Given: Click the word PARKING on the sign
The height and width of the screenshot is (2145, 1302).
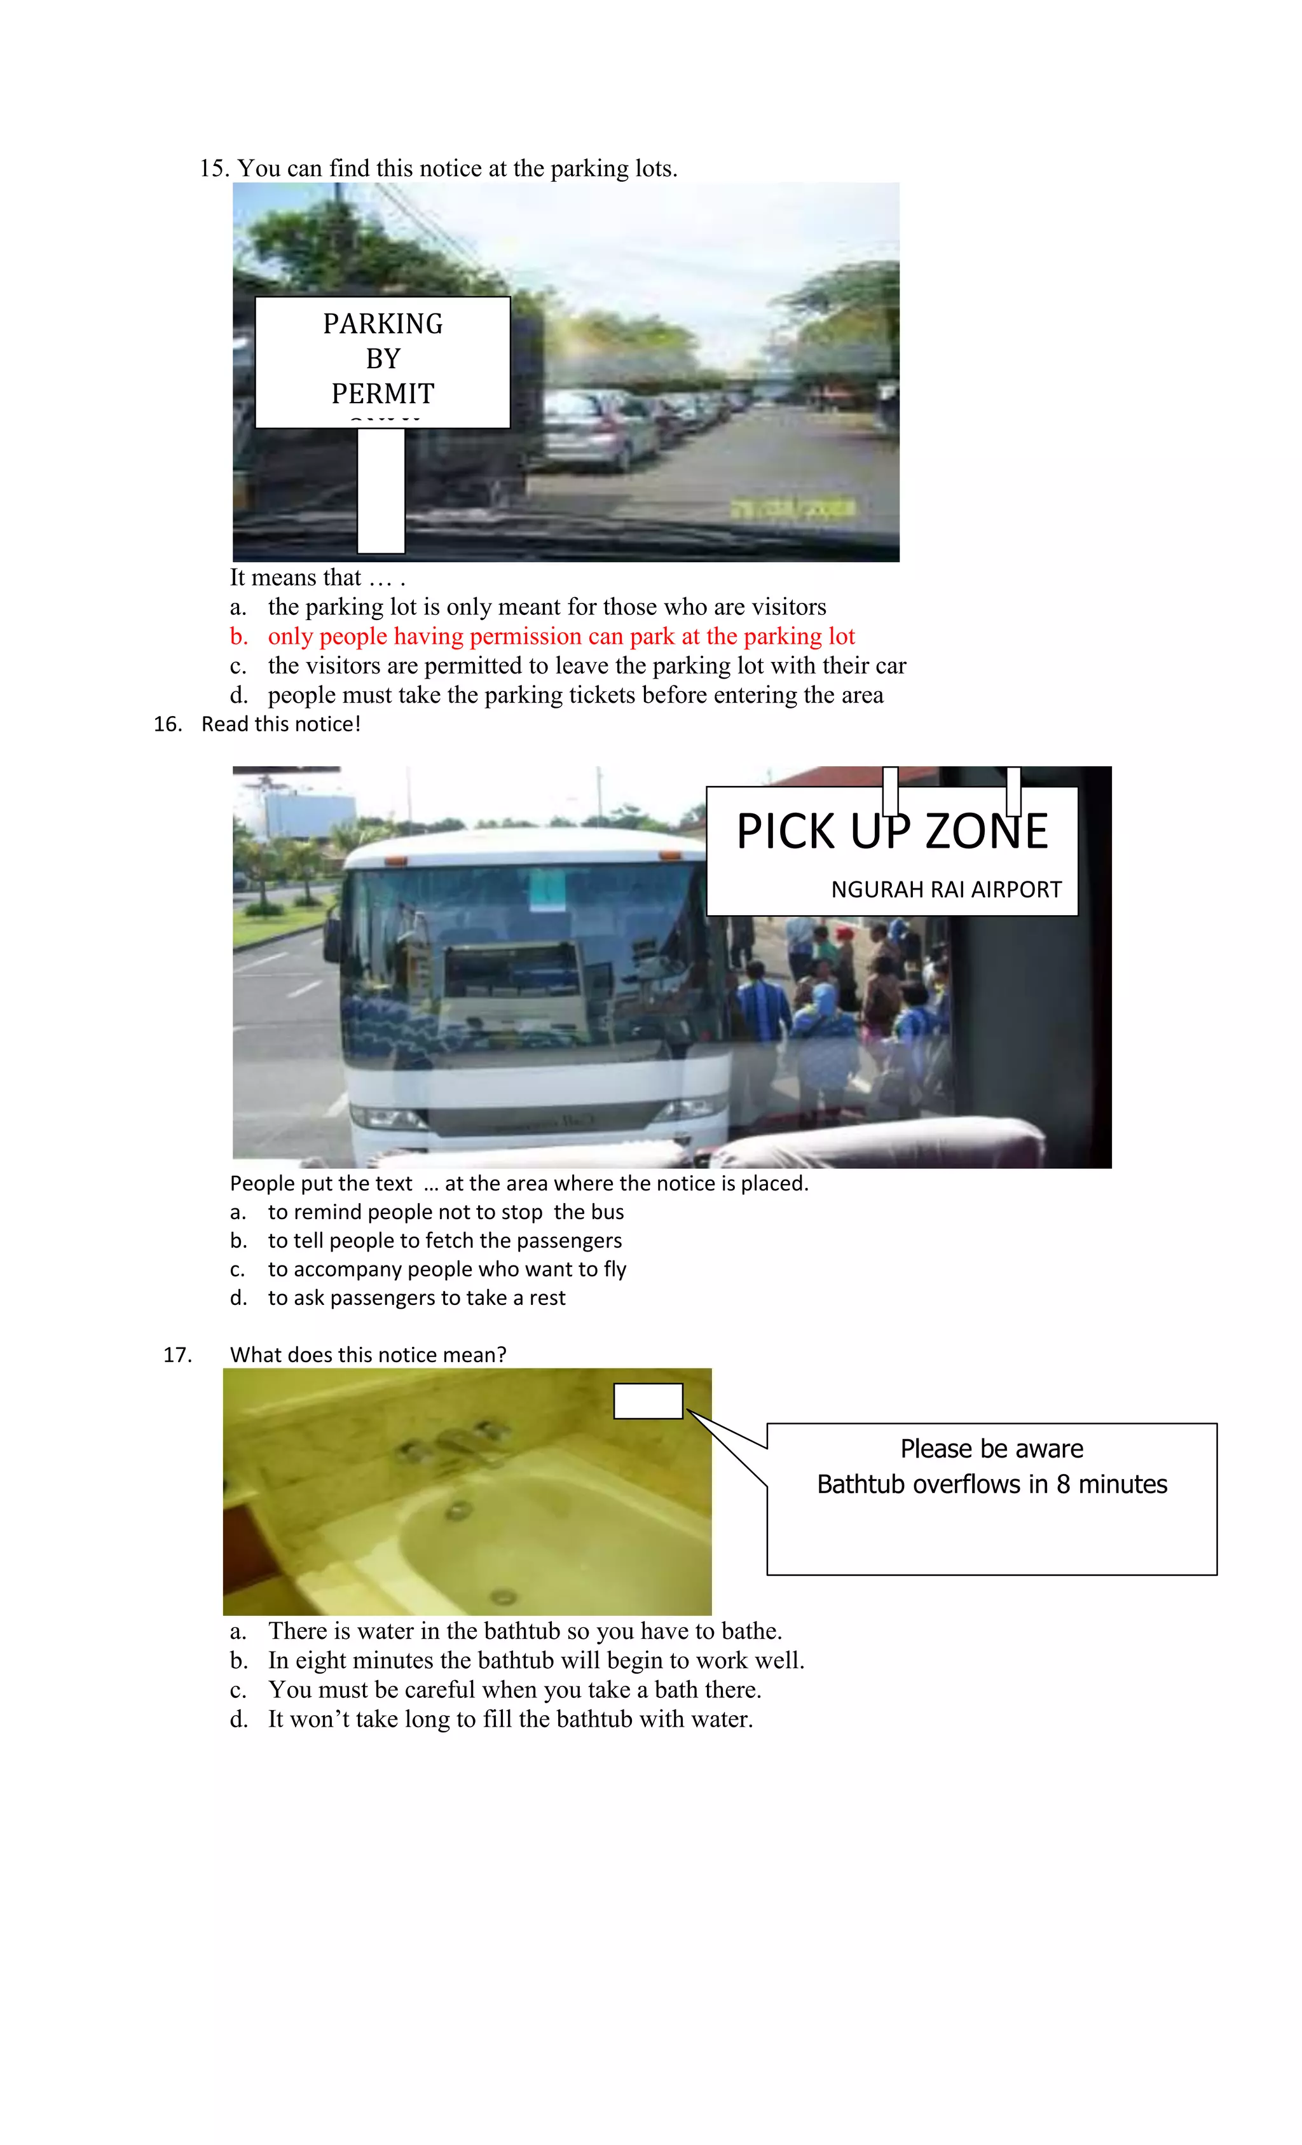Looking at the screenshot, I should point(383,324).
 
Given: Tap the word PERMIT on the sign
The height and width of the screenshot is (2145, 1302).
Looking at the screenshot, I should point(383,394).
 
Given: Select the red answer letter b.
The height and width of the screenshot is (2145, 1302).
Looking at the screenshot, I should point(238,637).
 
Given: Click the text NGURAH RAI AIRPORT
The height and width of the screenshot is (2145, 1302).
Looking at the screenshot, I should point(946,890).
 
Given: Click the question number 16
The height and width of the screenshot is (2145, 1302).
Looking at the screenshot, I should point(167,724).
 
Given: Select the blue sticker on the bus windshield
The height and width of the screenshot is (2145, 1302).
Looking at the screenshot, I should point(548,890).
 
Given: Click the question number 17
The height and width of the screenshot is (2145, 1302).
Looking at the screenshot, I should point(177,1355).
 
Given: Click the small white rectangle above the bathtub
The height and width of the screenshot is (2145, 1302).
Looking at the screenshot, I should point(648,1401).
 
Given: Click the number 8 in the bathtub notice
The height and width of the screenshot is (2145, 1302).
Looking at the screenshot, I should point(1063,1484).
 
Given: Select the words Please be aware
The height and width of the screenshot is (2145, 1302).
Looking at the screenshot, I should point(991,1449).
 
